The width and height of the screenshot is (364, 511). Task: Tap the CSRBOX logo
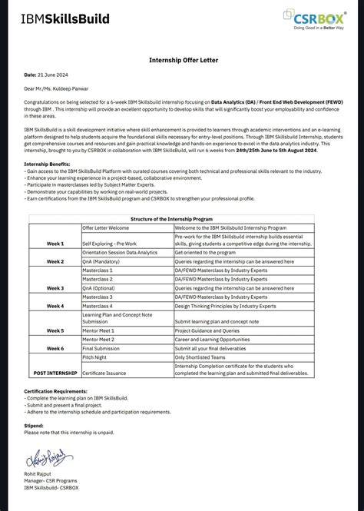[313, 18]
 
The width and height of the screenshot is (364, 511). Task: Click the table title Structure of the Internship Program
[182, 219]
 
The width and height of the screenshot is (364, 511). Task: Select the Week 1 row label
[55, 244]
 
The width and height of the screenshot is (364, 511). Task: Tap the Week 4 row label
[55, 306]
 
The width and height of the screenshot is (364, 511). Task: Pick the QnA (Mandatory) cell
[103, 261]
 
